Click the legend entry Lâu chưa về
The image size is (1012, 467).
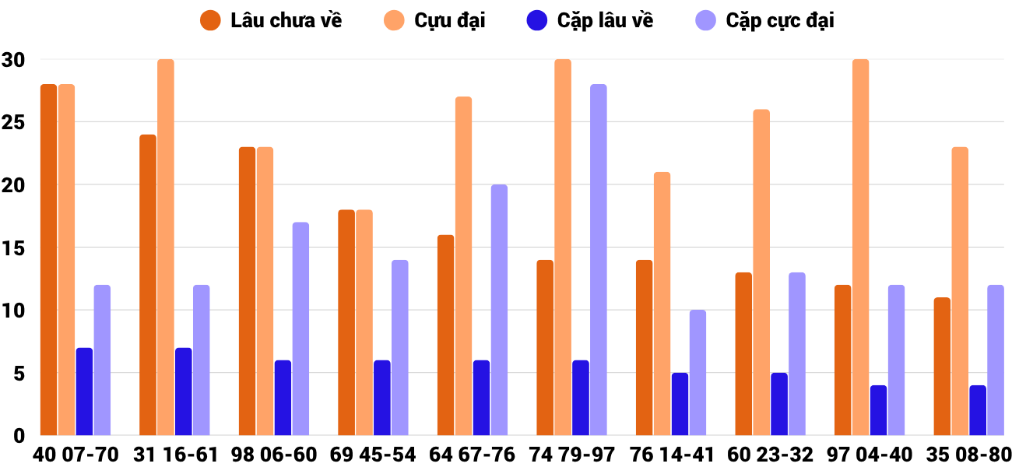(x=272, y=21)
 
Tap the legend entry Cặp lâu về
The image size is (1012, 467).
(x=591, y=21)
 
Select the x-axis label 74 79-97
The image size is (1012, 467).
(x=571, y=455)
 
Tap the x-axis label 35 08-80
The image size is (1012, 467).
(x=968, y=455)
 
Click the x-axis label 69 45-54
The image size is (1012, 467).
(x=373, y=455)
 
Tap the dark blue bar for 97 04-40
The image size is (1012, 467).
(x=878, y=410)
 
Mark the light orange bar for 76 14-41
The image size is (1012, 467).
(x=662, y=304)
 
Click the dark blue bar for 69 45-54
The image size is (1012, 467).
(x=381, y=398)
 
